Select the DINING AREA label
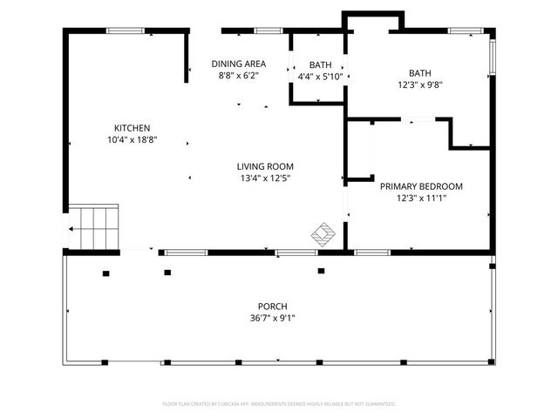click(238, 64)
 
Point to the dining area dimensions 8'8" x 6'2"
click(238, 76)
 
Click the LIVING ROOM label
click(265, 166)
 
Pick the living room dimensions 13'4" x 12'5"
click(265, 179)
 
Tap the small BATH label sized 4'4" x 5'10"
click(320, 64)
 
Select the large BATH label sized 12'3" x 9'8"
click(420, 72)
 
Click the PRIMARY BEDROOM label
click(421, 186)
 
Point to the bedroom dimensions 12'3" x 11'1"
click(421, 199)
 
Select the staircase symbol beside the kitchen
click(93, 227)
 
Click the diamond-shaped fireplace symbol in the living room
click(323, 233)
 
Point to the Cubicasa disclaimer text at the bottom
click(279, 404)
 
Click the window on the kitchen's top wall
click(125, 31)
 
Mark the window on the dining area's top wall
click(269, 31)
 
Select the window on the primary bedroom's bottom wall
click(372, 253)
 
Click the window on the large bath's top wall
click(461, 31)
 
